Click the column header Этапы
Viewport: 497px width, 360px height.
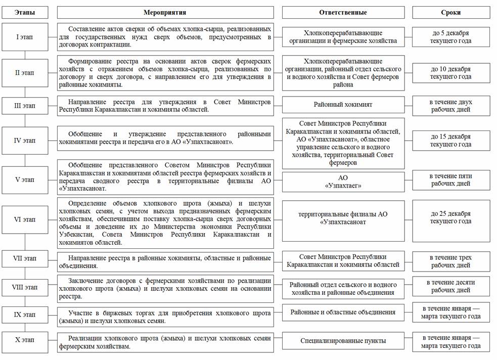point(25,12)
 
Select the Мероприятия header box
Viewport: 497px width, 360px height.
point(165,12)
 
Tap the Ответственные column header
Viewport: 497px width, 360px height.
point(343,12)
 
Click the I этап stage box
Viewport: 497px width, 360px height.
point(25,37)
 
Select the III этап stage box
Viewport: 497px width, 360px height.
point(25,106)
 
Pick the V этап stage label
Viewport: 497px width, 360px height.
point(25,179)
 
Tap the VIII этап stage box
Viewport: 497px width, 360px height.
point(25,287)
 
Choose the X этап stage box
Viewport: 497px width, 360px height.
point(25,339)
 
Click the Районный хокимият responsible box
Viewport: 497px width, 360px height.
point(343,105)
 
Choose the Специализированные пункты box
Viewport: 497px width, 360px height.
point(343,341)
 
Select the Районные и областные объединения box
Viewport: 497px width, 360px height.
point(343,312)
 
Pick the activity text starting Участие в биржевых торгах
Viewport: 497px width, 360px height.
point(165,316)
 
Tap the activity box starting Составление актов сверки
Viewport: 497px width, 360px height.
point(165,37)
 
